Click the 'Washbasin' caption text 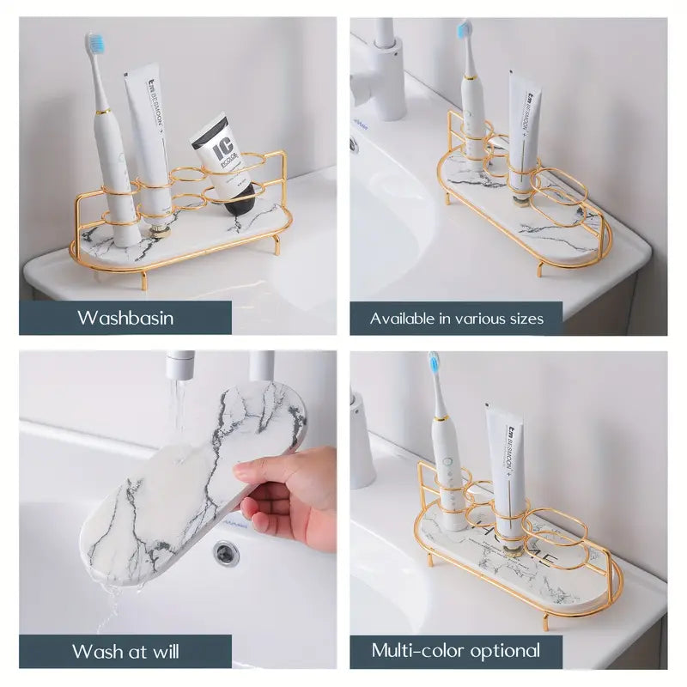[125, 318]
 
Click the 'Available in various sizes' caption [456, 319]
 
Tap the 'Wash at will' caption [125, 651]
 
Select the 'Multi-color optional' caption [456, 650]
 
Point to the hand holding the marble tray [288, 494]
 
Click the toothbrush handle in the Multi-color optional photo [447, 464]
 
